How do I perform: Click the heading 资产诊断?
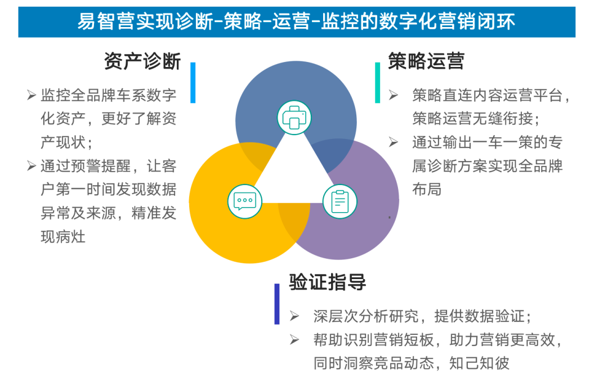(142, 61)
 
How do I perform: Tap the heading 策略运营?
(426, 61)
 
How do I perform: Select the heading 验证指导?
(328, 282)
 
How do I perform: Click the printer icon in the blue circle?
(294, 118)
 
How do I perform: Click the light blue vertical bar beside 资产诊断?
(193, 83)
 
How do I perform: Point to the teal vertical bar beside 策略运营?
(377, 83)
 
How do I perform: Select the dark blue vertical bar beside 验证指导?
(277, 304)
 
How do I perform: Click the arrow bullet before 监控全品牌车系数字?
(32, 95)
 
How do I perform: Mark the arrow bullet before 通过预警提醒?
(32, 165)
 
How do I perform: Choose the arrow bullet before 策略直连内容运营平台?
(394, 95)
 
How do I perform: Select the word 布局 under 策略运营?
(426, 189)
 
